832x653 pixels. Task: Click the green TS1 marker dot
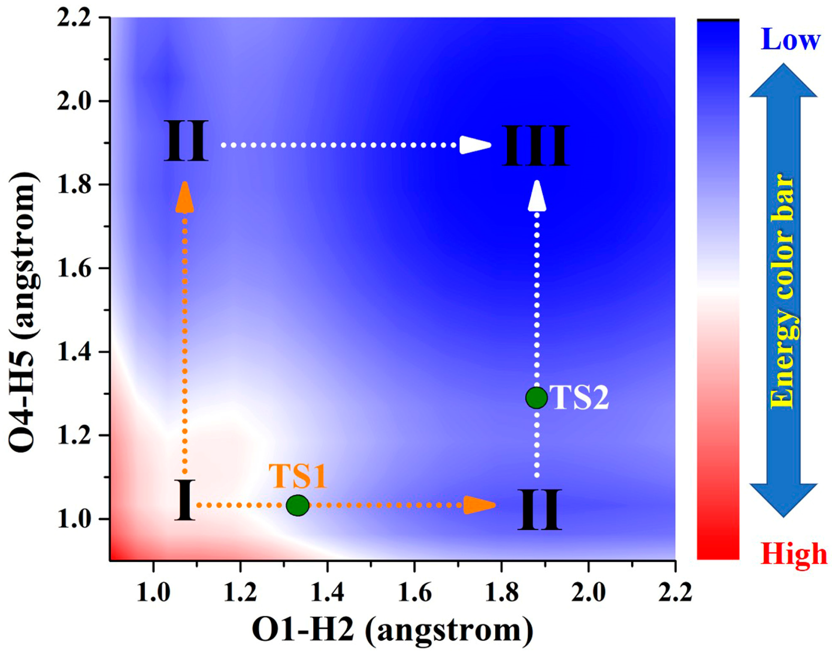click(298, 505)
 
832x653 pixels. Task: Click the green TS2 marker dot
click(536, 397)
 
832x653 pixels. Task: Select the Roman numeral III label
click(535, 146)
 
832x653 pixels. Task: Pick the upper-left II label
click(186, 141)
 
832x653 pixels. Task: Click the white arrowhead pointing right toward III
click(475, 145)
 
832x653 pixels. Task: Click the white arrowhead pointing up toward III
click(537, 196)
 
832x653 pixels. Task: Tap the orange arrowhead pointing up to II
click(185, 197)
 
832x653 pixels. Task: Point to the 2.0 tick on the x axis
click(588, 561)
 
